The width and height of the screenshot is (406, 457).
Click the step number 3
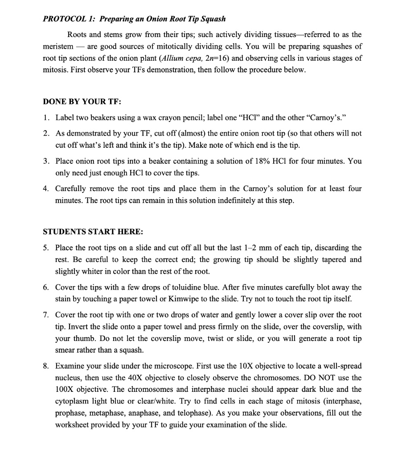tap(46, 161)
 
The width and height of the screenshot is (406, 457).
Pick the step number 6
tap(46, 287)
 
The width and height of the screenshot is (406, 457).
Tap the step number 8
tap(46, 366)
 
